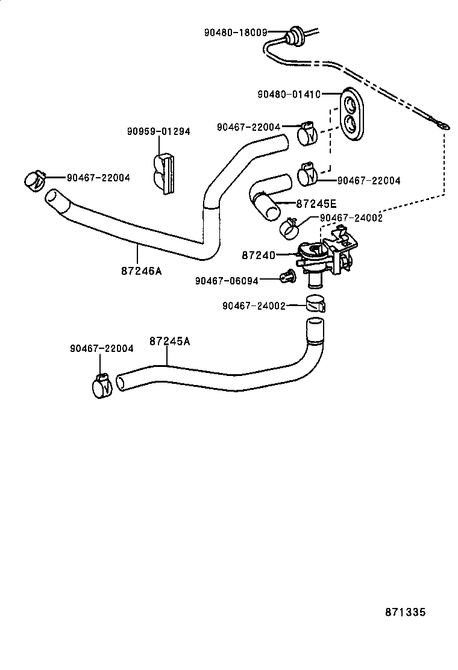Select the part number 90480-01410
289,94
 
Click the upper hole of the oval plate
349,105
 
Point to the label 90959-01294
158,131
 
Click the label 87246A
142,271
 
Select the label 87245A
169,341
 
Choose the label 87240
259,255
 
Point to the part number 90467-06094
227,280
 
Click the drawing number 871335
406,612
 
